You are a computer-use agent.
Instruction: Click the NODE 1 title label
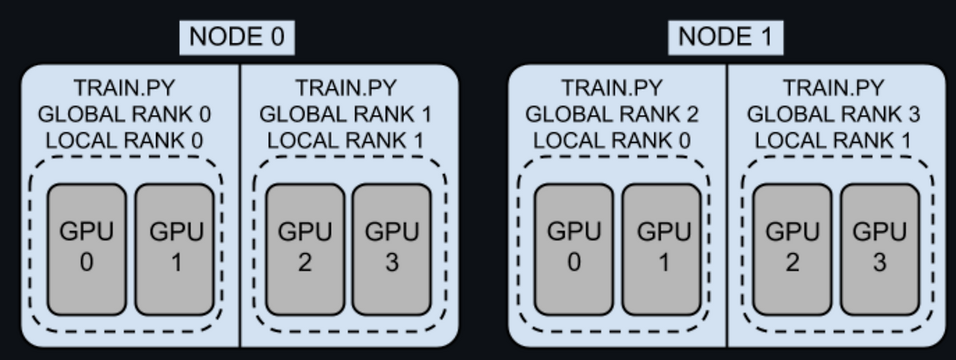click(725, 37)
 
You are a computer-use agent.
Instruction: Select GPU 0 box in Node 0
click(87, 249)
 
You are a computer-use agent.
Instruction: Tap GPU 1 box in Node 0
click(175, 249)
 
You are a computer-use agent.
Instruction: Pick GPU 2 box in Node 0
click(305, 249)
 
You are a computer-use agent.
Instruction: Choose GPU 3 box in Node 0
click(391, 249)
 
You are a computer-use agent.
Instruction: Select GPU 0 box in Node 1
click(574, 249)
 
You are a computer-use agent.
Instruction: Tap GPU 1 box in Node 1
click(661, 249)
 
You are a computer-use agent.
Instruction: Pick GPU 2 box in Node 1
click(792, 249)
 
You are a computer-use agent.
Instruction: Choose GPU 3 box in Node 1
click(880, 249)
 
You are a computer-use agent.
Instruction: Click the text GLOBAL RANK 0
click(124, 114)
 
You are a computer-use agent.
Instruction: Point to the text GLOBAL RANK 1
click(345, 114)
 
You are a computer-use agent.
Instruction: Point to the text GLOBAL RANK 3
click(834, 114)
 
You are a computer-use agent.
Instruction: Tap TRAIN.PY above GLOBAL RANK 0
click(124, 89)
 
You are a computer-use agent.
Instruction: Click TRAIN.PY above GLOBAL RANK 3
click(834, 89)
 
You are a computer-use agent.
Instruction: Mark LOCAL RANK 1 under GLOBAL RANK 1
click(345, 140)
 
